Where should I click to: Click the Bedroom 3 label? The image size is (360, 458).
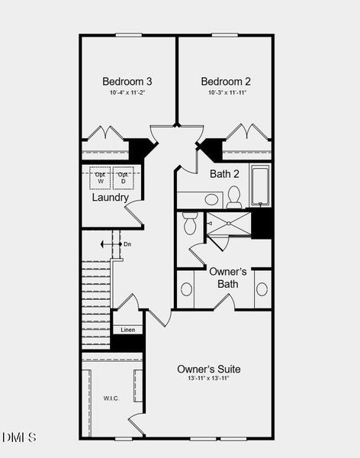[x=127, y=81]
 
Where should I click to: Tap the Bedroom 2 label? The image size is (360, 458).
[x=226, y=81]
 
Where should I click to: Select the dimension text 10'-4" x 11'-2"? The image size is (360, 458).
[x=127, y=92]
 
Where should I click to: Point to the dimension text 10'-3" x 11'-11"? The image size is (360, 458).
[x=226, y=92]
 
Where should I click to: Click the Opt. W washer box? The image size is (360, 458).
[x=100, y=178]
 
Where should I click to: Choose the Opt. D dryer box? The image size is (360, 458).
[x=122, y=178]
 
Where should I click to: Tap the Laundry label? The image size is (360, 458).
[x=110, y=198]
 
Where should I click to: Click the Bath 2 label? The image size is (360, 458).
[x=225, y=174]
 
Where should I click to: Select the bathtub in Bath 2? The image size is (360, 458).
[x=260, y=185]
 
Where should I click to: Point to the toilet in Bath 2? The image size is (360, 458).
[x=234, y=197]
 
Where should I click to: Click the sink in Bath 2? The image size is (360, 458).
[x=212, y=199]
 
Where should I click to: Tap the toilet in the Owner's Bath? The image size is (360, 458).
[x=190, y=223]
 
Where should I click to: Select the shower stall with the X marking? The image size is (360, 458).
[x=228, y=224]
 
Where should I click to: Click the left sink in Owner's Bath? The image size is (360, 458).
[x=185, y=289]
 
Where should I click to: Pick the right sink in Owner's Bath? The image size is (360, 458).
[x=262, y=289]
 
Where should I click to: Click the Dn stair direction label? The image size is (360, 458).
[x=127, y=244]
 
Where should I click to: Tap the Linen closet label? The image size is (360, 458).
[x=127, y=330]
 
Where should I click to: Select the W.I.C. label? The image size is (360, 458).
[x=111, y=398]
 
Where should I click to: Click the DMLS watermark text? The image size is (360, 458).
[x=19, y=437]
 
